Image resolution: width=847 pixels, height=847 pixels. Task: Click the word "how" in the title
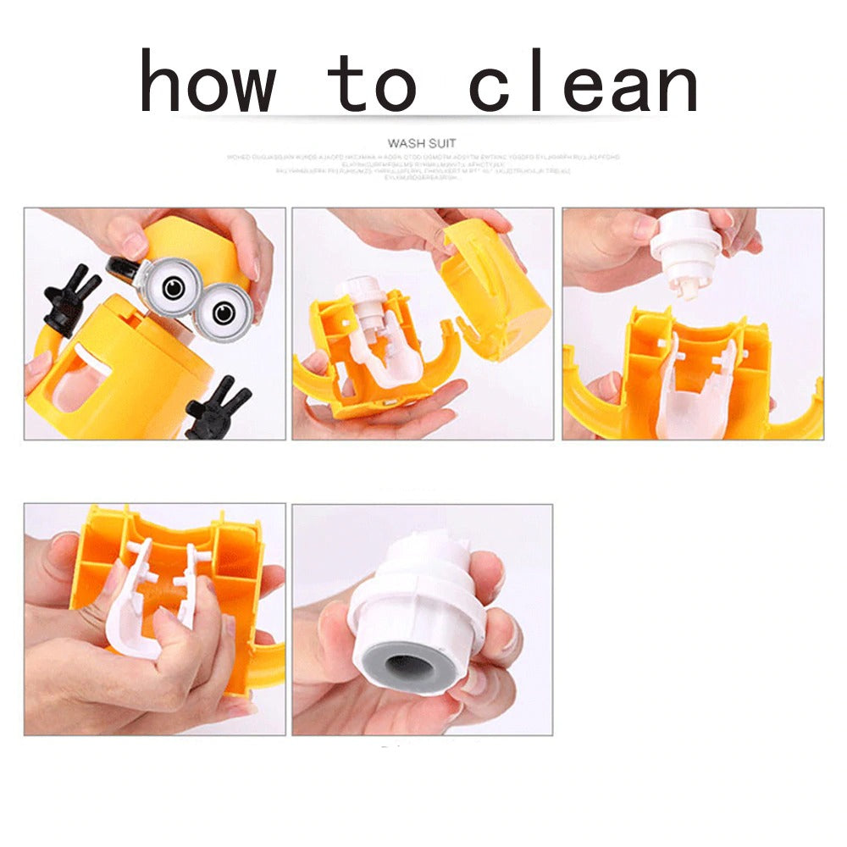point(208,82)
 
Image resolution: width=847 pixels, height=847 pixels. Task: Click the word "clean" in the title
point(584,82)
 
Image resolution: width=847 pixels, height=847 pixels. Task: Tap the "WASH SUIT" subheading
point(421,144)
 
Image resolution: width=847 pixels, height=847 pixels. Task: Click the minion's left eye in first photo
point(174,289)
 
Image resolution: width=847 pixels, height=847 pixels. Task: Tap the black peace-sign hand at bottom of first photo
point(216,411)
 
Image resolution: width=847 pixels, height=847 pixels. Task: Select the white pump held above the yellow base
point(686,246)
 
